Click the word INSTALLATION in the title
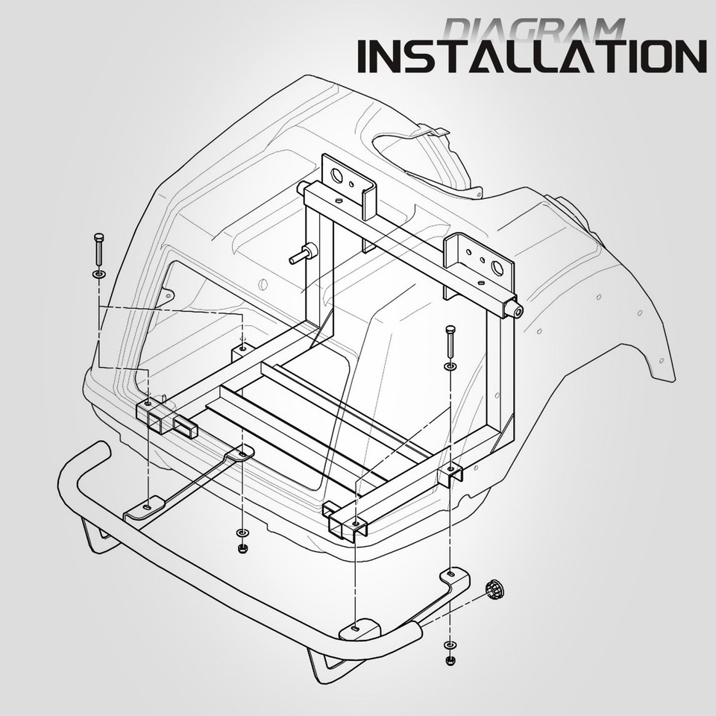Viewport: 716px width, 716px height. tap(533, 56)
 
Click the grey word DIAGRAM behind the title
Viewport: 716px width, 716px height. tap(533, 30)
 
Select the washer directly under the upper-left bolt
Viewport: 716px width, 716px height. tap(99, 274)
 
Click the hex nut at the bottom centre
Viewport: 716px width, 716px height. tap(242, 547)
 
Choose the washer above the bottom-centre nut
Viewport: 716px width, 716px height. tap(242, 533)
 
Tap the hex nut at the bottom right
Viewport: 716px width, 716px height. tap(449, 660)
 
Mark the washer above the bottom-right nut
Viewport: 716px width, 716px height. tap(449, 644)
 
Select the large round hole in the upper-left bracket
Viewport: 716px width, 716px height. tap(336, 175)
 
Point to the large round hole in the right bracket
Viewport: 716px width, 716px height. tap(497, 268)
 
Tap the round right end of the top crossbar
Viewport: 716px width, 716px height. tap(517, 312)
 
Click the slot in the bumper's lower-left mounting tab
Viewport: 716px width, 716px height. tap(147, 507)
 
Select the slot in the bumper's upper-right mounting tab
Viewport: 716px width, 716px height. tap(450, 573)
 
